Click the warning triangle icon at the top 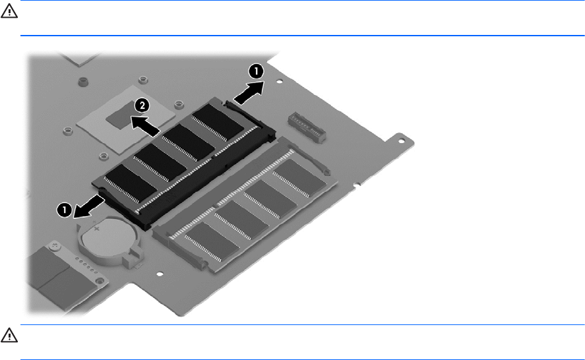click(9, 12)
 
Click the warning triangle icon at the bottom click(9, 336)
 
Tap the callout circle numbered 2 click(142, 105)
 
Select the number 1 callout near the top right click(256, 71)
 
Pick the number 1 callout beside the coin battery click(64, 210)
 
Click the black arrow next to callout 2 click(146, 126)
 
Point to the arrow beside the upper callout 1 click(249, 92)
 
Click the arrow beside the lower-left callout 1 click(89, 206)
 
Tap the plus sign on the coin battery click(97, 228)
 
